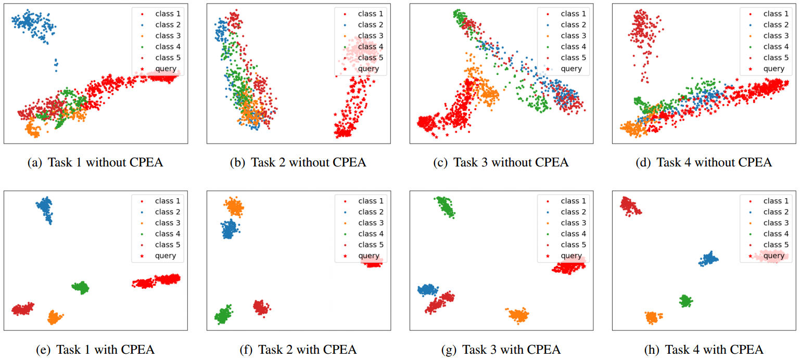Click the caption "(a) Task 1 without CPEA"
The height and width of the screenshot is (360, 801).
point(95,162)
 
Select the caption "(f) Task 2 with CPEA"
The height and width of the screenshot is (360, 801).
point(298,350)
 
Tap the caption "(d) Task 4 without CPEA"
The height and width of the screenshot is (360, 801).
point(704,162)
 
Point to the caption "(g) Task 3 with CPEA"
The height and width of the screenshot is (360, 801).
point(501,350)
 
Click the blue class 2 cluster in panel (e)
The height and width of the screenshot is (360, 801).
point(45,210)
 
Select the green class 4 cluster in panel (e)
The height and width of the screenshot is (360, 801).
point(81,287)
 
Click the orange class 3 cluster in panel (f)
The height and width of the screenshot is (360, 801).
point(235,207)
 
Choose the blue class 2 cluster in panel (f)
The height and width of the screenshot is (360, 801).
point(228,229)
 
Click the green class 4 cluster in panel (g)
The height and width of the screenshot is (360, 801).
point(446,207)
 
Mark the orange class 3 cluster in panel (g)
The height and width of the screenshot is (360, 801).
point(518,315)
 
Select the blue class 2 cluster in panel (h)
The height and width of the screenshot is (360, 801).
point(708,259)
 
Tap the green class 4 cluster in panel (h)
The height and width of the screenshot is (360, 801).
point(685,301)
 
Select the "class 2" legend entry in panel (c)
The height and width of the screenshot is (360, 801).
point(573,24)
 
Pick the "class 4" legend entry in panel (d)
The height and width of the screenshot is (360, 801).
point(775,46)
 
